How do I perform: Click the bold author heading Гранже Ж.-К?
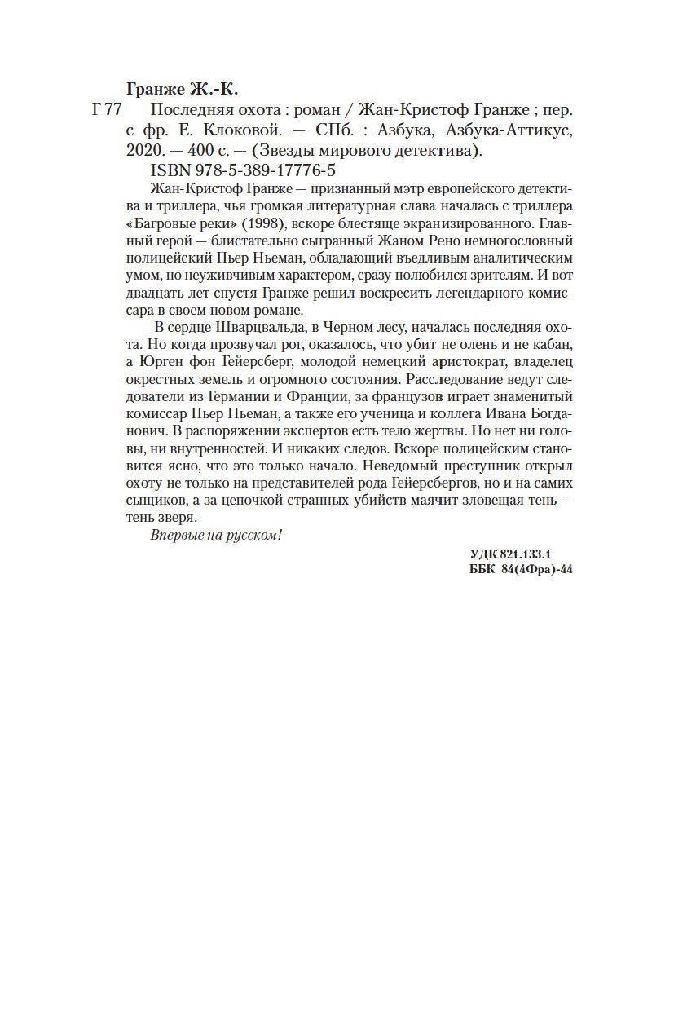pos(185,87)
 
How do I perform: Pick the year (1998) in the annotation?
pos(258,223)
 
